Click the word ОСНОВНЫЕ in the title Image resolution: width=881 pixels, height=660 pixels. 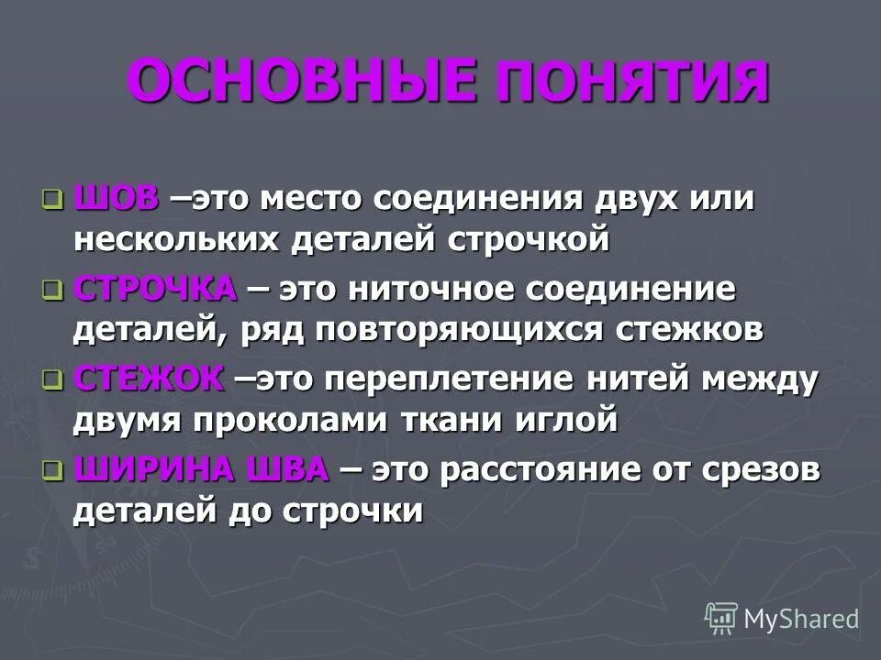tap(302, 82)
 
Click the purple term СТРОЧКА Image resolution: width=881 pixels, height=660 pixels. tap(155, 290)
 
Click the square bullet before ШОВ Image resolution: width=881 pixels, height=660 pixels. tap(52, 199)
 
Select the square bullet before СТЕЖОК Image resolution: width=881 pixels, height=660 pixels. tap(52, 379)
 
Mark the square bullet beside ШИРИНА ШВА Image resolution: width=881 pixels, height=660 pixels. tap(52, 470)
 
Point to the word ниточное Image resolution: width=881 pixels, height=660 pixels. tap(429, 291)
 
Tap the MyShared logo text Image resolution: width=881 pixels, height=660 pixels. tap(800, 619)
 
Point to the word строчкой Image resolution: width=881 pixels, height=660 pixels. tap(529, 241)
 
